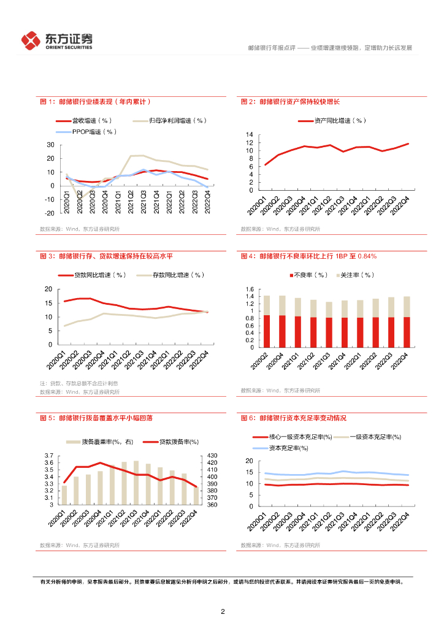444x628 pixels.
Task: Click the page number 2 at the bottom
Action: (223, 611)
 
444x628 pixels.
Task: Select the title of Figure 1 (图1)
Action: (95, 102)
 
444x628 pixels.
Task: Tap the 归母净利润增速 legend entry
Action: (178, 121)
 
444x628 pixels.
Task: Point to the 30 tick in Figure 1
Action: (50, 145)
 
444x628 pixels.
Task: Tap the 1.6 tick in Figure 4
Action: (249, 289)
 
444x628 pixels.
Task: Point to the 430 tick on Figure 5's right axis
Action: (212, 455)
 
